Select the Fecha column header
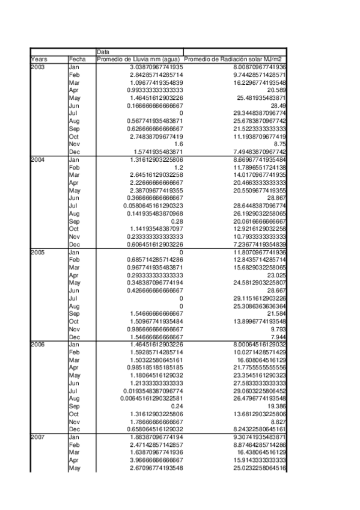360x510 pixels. [x=78, y=59]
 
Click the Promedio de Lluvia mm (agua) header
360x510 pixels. [x=139, y=59]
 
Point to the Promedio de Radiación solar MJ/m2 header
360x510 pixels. [x=234, y=59]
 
